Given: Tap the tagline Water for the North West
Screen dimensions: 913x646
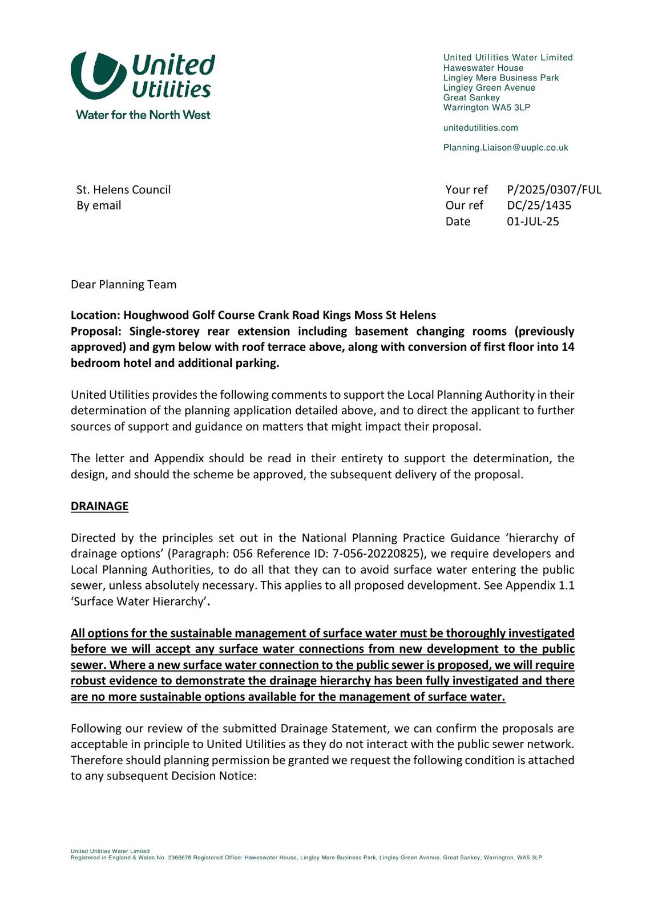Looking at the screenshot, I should click(143, 115).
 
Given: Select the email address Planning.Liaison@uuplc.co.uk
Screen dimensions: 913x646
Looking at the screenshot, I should click(506, 148).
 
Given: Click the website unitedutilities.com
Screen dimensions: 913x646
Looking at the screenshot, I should click(481, 128).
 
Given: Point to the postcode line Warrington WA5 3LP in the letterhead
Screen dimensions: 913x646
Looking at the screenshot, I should click(487, 108).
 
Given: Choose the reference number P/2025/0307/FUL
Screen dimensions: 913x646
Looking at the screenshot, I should click(554, 190).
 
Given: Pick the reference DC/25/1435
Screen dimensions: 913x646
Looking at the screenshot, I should click(539, 205).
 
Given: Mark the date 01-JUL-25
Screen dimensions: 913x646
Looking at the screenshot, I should click(532, 221).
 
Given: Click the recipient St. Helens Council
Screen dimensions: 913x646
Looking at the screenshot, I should click(123, 190).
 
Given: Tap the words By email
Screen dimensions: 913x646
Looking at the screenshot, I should click(99, 205).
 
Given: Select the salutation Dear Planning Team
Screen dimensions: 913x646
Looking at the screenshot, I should click(123, 285).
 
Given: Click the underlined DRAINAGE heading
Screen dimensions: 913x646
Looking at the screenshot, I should click(99, 507).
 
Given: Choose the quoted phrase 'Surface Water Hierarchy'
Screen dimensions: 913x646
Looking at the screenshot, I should click(138, 601).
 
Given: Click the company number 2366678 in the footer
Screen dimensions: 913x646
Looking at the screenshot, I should click(180, 858).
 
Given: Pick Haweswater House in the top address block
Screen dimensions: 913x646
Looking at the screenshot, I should click(483, 68).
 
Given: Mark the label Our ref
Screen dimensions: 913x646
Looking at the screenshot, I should click(464, 205).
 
